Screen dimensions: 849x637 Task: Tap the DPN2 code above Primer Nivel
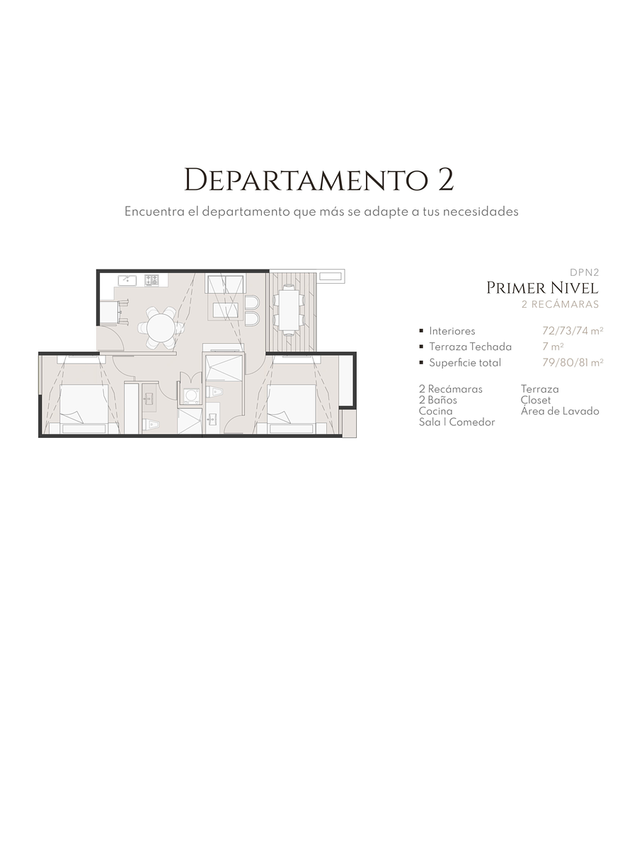(584, 272)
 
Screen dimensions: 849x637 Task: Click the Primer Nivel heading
(542, 288)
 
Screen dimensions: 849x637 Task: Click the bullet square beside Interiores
(421, 330)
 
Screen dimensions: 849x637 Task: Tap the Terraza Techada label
(470, 347)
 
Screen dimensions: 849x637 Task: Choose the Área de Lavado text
(559, 411)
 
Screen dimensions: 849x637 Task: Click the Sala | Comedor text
(457, 422)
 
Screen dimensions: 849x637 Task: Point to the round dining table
(161, 328)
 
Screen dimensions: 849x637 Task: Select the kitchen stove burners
(152, 280)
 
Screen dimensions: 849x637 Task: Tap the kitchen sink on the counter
(127, 280)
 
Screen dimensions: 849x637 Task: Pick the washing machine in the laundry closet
(190, 395)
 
